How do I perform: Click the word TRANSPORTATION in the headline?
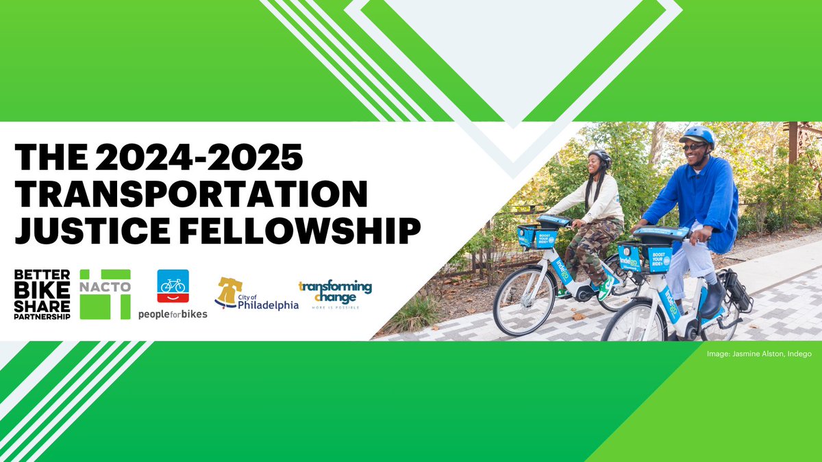[192, 194]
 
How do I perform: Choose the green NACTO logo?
[105, 294]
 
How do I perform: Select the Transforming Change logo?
[335, 294]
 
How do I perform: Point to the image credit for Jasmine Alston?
[759, 354]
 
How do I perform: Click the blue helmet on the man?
[697, 134]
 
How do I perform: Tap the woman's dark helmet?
[599, 155]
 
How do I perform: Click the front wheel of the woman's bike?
[525, 301]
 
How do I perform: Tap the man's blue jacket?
[692, 198]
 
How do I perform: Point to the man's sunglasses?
[693, 146]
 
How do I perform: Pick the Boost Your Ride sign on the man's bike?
[658, 259]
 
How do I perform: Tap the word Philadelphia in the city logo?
[268, 305]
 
